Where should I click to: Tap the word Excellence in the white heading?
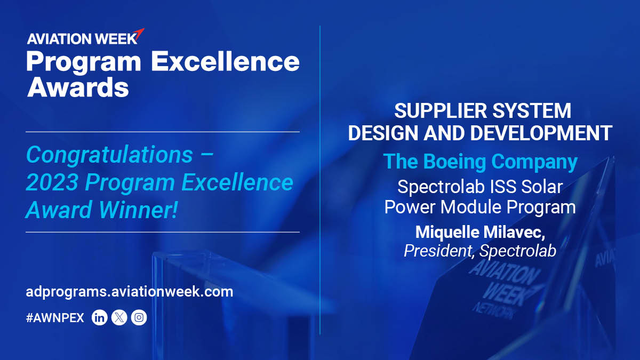click(x=225, y=62)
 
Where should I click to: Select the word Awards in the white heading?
click(x=78, y=87)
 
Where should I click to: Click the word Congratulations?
click(x=109, y=155)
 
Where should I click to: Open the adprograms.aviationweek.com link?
click(x=130, y=292)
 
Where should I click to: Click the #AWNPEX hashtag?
click(x=55, y=318)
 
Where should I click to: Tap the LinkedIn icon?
click(x=100, y=318)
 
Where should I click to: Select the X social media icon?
click(x=119, y=318)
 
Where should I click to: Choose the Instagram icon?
click(x=139, y=318)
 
